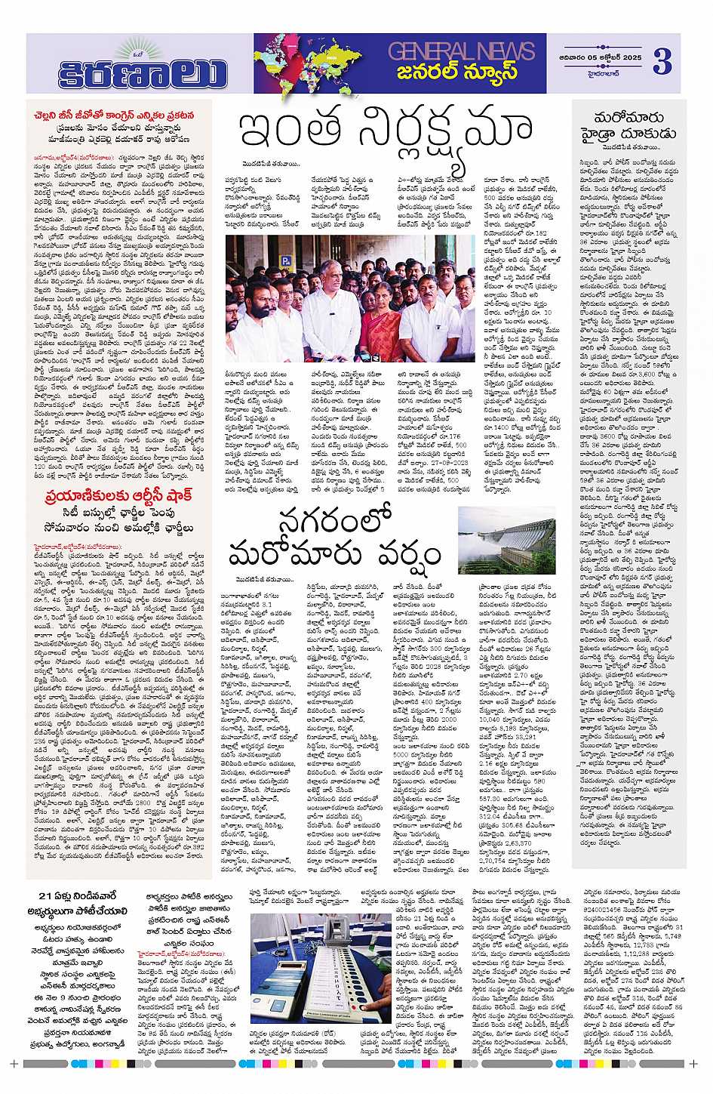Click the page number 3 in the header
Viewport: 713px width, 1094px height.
coord(661,61)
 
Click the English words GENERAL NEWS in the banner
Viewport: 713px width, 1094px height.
coord(461,51)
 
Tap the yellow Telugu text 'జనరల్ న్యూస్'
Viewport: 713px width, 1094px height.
coord(462,72)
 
